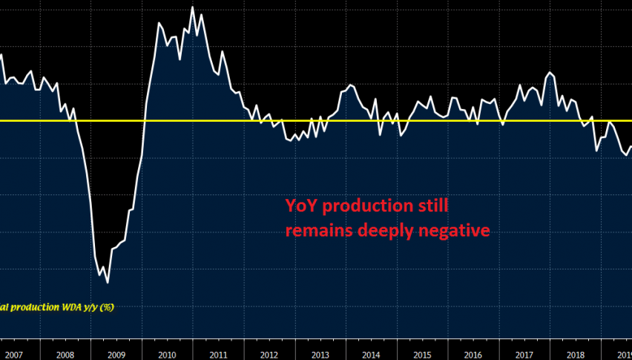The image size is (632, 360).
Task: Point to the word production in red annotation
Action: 359,206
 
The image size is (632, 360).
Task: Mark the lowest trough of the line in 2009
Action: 108,283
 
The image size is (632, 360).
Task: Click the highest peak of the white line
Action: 193,7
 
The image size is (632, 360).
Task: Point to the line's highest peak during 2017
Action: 550,72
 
